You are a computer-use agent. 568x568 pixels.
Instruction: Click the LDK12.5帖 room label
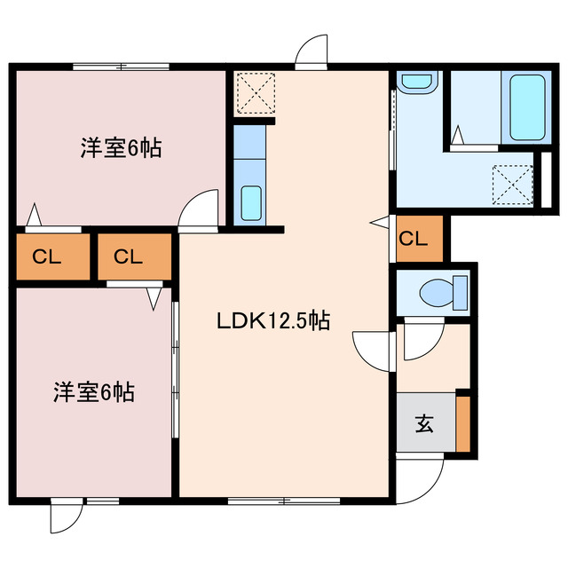(273, 321)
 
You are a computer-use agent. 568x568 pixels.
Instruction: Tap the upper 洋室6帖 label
(121, 148)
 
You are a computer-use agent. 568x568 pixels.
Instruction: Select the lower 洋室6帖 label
(94, 392)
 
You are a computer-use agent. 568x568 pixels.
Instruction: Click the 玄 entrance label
(424, 423)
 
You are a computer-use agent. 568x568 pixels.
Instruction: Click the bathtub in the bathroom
(527, 107)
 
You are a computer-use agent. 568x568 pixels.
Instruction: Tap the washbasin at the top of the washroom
(417, 82)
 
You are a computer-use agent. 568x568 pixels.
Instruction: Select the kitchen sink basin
(251, 202)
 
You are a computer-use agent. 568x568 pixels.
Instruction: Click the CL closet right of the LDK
(420, 239)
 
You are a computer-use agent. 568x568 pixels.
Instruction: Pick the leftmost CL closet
(53, 256)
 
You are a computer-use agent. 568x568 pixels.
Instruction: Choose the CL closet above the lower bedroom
(134, 256)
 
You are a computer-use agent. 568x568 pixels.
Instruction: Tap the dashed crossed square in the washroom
(513, 185)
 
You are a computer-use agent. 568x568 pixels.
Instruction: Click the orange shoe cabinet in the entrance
(462, 424)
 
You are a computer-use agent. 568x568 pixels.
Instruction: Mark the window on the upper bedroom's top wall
(121, 67)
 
